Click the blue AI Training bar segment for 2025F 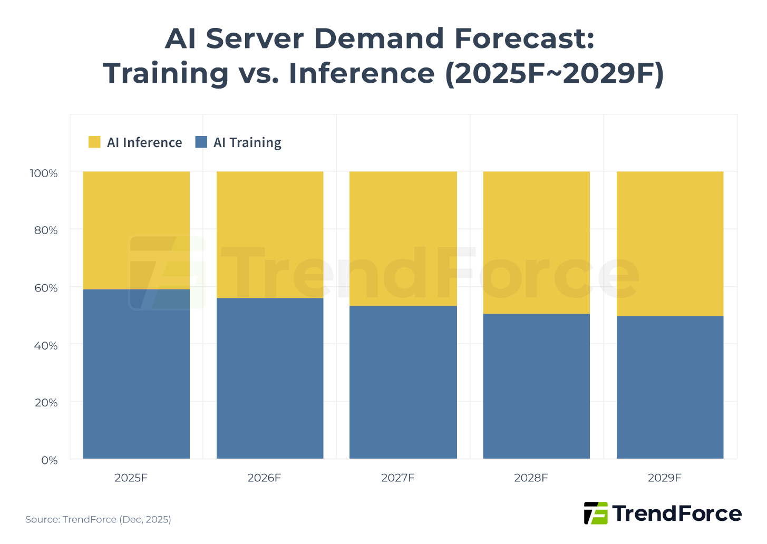pos(136,374)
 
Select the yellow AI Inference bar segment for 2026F pos(270,235)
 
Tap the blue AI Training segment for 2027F pos(403,382)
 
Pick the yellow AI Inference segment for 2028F pos(536,242)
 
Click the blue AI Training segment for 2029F pos(669,387)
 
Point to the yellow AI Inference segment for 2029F pos(669,244)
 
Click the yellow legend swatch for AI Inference pos(94,142)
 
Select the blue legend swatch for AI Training pos(201,142)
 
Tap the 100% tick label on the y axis pos(44,173)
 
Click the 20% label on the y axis pos(46,403)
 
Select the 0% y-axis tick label pos(49,460)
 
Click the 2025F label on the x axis pos(131,478)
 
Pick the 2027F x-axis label pos(397,478)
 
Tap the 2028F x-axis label pos(531,478)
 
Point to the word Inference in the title pos(361,73)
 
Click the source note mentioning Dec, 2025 pos(98,520)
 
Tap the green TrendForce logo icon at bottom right pos(596,513)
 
